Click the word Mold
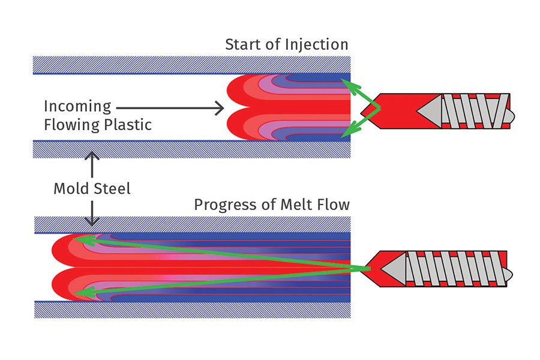pos(71,188)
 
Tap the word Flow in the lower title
pos(334,205)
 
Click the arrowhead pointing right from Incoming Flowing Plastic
pos(219,109)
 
